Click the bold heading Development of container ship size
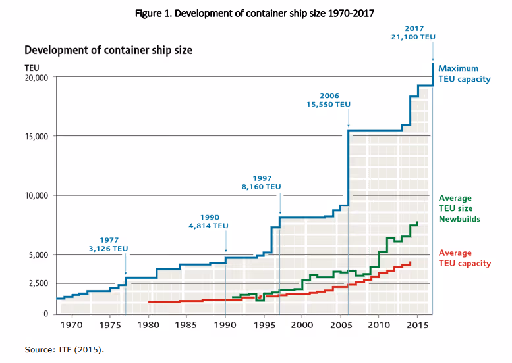pos(108,50)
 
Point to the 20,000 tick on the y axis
pos(36,78)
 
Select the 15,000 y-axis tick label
pos(36,137)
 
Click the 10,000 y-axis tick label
pos(36,195)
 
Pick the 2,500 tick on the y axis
pos(39,283)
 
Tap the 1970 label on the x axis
pos(72,325)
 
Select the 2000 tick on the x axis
pos(302,325)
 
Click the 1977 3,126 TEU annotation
pos(109,245)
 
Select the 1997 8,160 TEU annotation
pos(262,182)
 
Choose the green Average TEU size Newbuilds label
pos(459,208)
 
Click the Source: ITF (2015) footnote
pos(65,349)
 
